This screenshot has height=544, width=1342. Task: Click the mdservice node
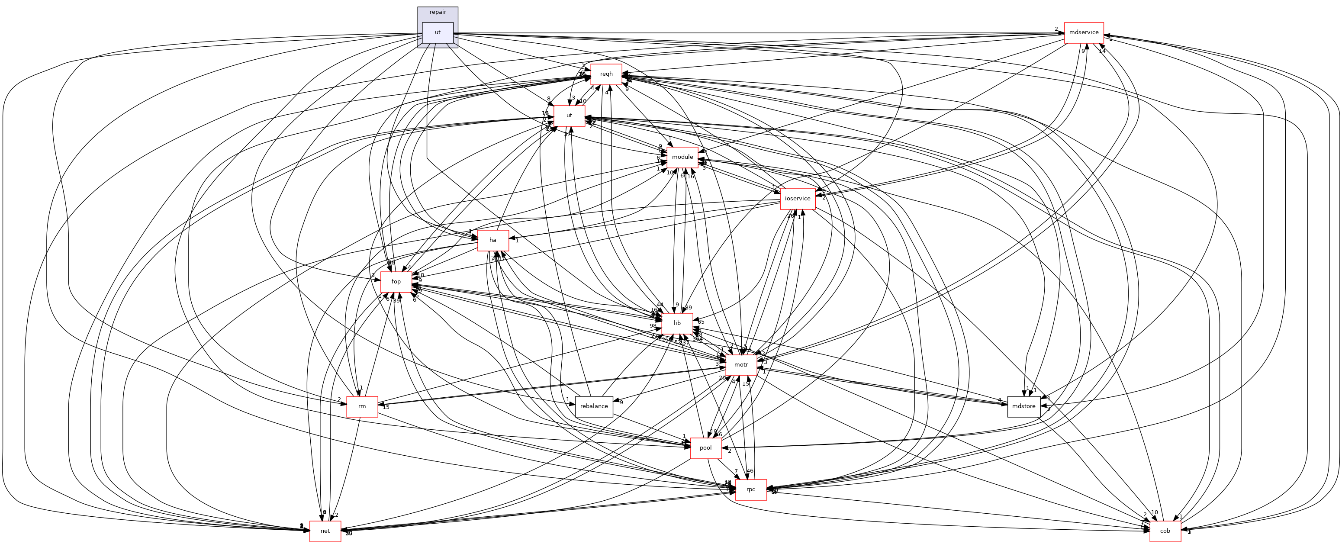(1084, 32)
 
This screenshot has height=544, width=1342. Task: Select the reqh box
(606, 74)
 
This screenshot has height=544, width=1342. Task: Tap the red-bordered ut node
(569, 116)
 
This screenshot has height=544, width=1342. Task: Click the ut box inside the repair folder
(438, 32)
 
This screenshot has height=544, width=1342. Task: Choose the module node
(682, 157)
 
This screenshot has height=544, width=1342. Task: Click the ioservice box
(798, 199)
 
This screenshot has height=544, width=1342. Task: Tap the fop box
(396, 281)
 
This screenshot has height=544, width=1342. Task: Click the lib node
(677, 323)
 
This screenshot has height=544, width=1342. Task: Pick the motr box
(741, 365)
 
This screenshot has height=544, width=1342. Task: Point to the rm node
(361, 406)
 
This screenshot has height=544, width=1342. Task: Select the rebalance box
(594, 406)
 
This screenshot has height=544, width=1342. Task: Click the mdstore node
(1023, 406)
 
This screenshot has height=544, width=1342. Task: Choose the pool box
(705, 448)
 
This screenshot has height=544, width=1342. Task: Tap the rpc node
(750, 489)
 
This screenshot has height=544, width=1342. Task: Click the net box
(325, 531)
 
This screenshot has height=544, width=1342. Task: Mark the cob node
(1165, 531)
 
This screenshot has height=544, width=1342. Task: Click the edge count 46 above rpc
(750, 471)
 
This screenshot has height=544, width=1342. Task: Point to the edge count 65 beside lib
(701, 322)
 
